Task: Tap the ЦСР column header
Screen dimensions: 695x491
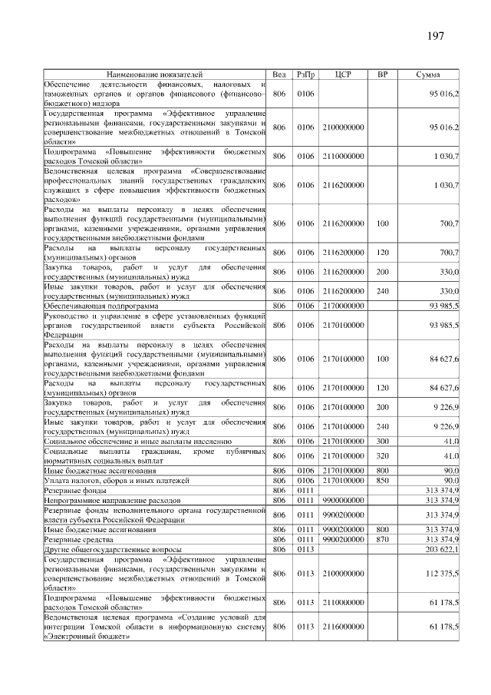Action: pyautogui.click(x=343, y=74)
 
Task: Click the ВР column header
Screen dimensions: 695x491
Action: pyautogui.click(x=383, y=74)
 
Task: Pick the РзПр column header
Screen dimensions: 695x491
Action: pyautogui.click(x=306, y=74)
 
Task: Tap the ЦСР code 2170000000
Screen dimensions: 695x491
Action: pyautogui.click(x=343, y=306)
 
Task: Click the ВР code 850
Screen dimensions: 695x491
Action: pyautogui.click(x=383, y=480)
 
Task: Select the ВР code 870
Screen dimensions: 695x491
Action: pyautogui.click(x=383, y=540)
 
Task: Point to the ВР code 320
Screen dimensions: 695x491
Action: pyautogui.click(x=383, y=455)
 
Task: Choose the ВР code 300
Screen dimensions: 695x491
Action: pyautogui.click(x=383, y=442)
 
